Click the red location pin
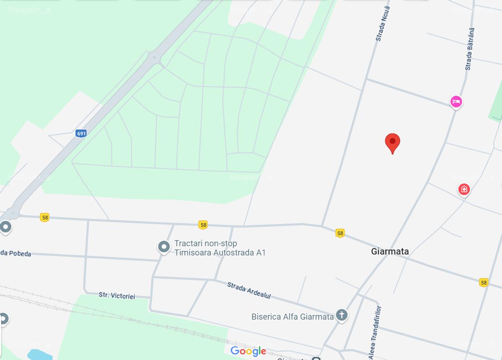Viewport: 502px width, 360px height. pyautogui.click(x=392, y=143)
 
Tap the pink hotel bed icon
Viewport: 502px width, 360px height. pyautogui.click(x=456, y=101)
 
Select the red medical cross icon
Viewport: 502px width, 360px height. pyautogui.click(x=464, y=189)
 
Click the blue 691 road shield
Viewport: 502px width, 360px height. pyautogui.click(x=81, y=133)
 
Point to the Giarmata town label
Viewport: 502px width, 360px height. pyautogui.click(x=390, y=251)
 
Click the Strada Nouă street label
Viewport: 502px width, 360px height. pyautogui.click(x=383, y=23)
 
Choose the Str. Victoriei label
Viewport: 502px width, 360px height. pyautogui.click(x=117, y=296)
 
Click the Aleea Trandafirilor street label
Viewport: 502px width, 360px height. pyautogui.click(x=375, y=333)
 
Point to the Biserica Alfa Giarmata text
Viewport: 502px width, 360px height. pyautogui.click(x=292, y=317)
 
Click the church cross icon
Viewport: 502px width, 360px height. pyautogui.click(x=342, y=315)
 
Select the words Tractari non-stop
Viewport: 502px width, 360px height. pyautogui.click(x=205, y=243)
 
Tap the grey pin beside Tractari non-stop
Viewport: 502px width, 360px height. pyautogui.click(x=164, y=247)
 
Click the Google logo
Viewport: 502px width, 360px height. pyautogui.click(x=248, y=351)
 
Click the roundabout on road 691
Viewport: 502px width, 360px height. pyautogui.click(x=155, y=57)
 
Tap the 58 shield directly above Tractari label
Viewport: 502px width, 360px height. pyautogui.click(x=203, y=225)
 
